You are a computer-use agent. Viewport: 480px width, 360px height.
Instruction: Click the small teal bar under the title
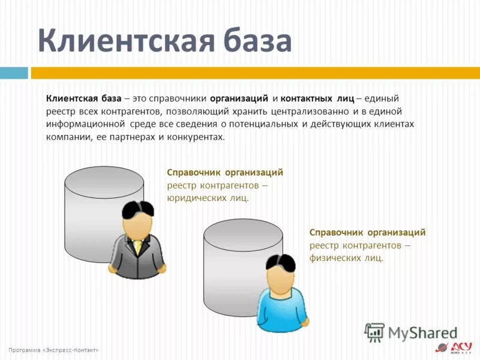14,73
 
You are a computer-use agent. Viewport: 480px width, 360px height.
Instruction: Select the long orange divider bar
255,73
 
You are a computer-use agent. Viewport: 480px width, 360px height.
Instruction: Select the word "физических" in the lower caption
335,258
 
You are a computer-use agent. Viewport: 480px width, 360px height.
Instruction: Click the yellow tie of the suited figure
139,247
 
